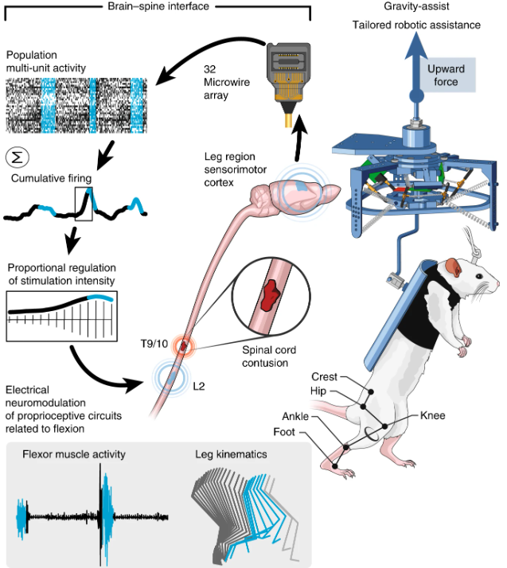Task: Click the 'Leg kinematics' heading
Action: (232, 455)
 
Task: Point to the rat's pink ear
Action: (454, 270)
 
